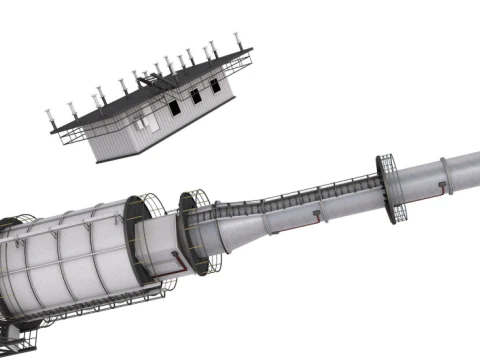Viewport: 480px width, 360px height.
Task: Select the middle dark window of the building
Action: tap(195, 96)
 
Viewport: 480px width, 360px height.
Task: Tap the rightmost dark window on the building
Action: tap(215, 88)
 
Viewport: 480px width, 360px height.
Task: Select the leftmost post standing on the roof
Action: tap(50, 114)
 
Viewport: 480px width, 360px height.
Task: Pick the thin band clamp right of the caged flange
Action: tap(442, 174)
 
